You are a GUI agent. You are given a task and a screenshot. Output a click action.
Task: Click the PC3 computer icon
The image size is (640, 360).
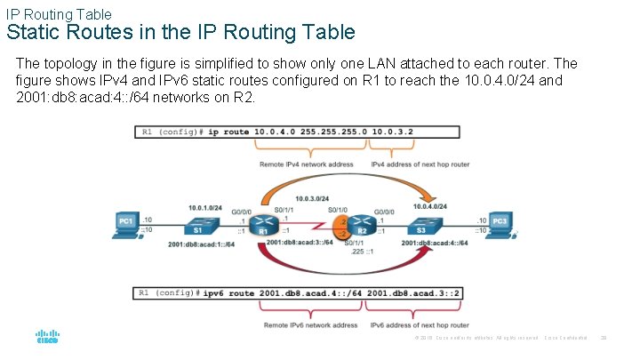500,223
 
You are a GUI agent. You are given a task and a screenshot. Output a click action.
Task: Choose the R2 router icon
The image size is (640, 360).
360,225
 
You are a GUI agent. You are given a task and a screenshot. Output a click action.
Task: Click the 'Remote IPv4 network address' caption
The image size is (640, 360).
306,164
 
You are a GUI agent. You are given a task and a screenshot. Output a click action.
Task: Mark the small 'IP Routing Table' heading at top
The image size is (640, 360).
59,13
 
